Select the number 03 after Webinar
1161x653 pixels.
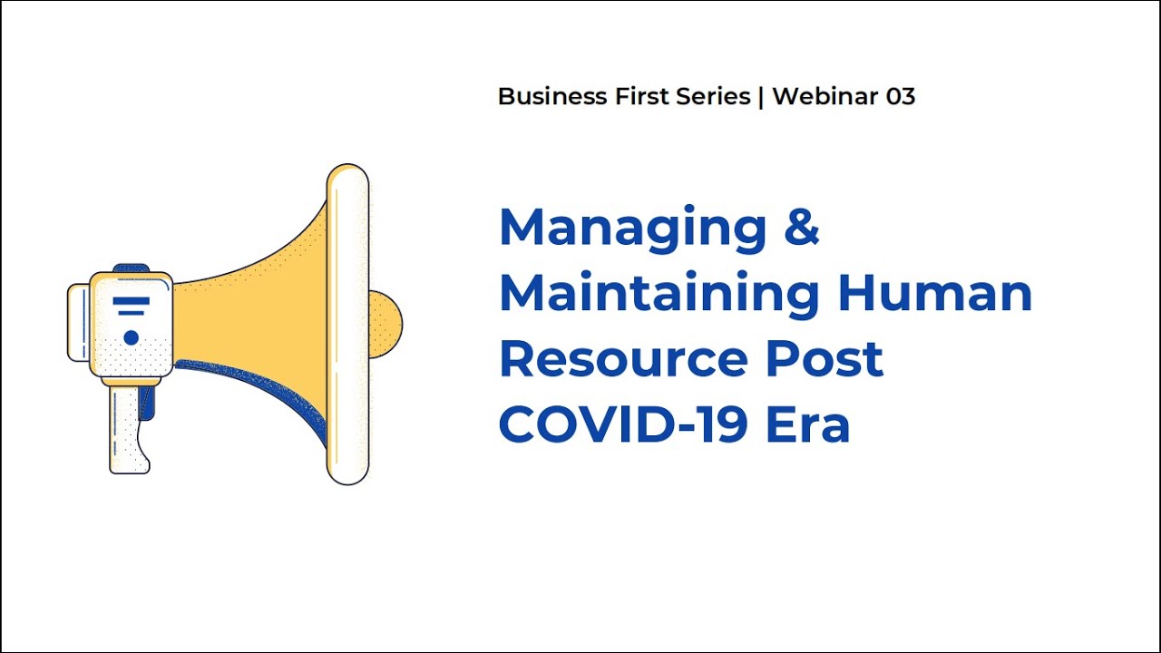click(900, 97)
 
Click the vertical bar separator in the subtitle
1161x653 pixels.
click(761, 97)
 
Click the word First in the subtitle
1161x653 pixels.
click(642, 97)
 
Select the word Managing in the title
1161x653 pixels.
click(632, 229)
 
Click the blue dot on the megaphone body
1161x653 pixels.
click(131, 337)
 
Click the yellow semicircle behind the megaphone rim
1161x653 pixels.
click(386, 324)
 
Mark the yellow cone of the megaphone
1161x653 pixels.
click(263, 308)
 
